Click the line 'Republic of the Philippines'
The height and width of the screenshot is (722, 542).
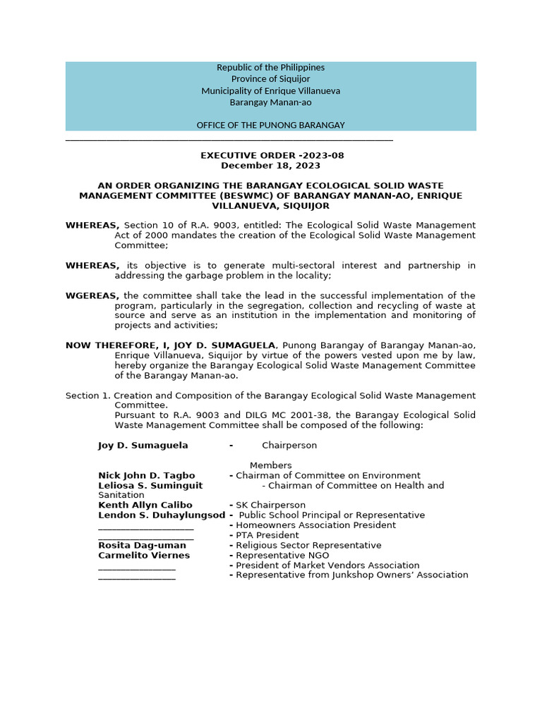[x=270, y=68]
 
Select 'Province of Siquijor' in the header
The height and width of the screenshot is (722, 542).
[x=270, y=79]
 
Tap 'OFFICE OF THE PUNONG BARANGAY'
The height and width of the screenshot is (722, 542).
[x=270, y=126]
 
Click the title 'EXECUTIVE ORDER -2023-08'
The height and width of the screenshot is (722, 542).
[x=272, y=156]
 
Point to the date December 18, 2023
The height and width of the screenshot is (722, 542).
[x=270, y=166]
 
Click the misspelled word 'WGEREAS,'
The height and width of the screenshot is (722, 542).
[x=92, y=295]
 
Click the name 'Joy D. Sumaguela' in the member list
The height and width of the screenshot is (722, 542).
[x=143, y=446]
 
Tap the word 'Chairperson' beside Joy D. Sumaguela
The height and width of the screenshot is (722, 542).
[x=289, y=446]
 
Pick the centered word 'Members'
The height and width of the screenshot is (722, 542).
[x=270, y=465]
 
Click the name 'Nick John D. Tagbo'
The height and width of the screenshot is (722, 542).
[x=147, y=476]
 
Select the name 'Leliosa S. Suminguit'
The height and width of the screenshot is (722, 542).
[x=150, y=486]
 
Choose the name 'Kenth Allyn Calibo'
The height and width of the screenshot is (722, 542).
[x=145, y=506]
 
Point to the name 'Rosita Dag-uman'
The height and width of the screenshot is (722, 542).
[x=143, y=546]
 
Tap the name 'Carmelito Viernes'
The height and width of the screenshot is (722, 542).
[x=144, y=556]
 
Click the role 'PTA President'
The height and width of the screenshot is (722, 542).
[x=267, y=536]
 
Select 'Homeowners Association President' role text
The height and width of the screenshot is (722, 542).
[x=315, y=525]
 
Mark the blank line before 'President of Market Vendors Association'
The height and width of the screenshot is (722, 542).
[x=137, y=565]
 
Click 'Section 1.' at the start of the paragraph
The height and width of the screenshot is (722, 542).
[x=88, y=396]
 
